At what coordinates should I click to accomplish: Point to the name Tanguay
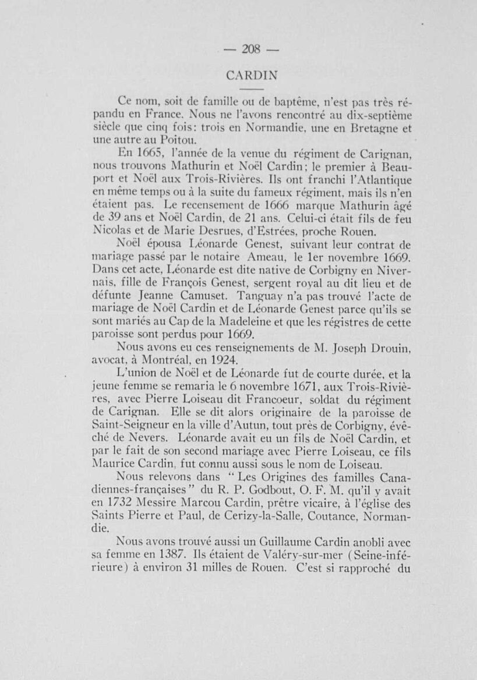point(259,292)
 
